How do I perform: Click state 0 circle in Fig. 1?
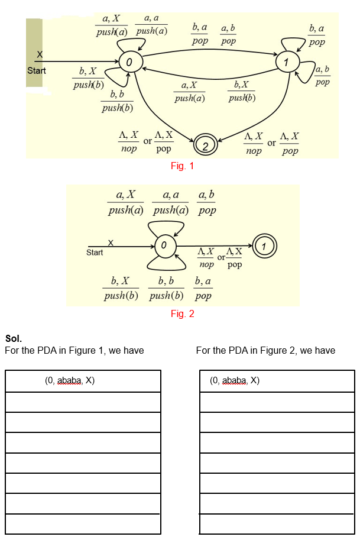(129, 61)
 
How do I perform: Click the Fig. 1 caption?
(182, 166)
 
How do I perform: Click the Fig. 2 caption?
(182, 314)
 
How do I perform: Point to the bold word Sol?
(13, 339)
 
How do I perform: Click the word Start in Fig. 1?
(37, 71)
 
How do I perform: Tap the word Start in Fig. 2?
(95, 253)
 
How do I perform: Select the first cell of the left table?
(83, 381)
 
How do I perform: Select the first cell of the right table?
(277, 381)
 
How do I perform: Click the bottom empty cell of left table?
(83, 524)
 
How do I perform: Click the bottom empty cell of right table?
(277, 524)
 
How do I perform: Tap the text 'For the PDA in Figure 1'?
(74, 351)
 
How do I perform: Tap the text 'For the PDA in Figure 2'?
(265, 351)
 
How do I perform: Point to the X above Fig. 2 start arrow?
(111, 242)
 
